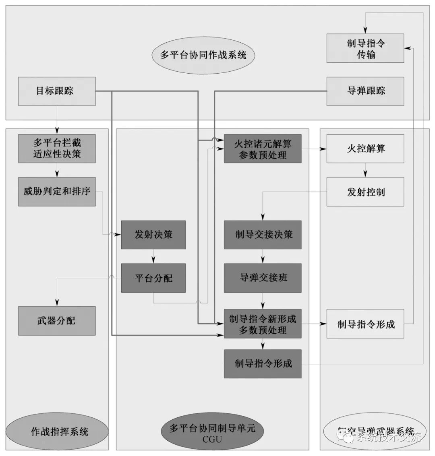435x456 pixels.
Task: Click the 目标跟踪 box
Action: pos(57,91)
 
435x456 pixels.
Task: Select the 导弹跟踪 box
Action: pos(365,91)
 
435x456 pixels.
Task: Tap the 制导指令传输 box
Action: pos(365,48)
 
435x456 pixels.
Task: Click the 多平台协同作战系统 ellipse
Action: pos(204,55)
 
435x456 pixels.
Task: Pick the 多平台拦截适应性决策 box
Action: pos(57,149)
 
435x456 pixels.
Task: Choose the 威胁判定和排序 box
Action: pos(57,192)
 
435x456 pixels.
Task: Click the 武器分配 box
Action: pos(57,321)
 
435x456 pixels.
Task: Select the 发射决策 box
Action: pos(153,235)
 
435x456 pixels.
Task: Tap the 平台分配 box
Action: pos(153,278)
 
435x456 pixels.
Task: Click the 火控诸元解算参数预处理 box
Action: pos(263,149)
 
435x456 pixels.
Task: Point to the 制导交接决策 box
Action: pos(263,235)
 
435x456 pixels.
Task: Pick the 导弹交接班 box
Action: pos(263,278)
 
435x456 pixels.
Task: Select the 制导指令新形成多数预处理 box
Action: pos(263,324)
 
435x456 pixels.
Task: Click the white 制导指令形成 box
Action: pos(365,324)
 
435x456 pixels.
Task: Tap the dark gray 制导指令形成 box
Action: pos(263,364)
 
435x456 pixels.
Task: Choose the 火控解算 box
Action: pos(365,149)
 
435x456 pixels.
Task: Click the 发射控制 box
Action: pos(365,192)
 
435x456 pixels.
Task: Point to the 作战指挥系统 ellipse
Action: pos(57,432)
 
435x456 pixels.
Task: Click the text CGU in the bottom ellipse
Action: pos(212,439)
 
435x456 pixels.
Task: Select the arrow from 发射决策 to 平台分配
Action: pos(153,256)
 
